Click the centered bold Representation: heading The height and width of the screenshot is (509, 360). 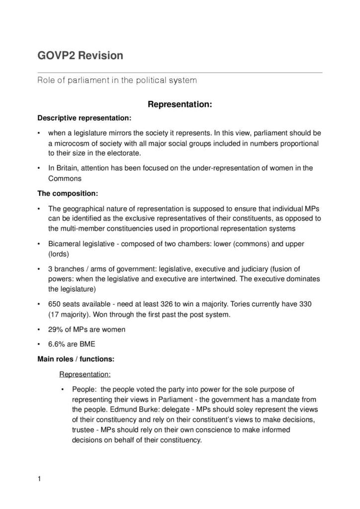180,104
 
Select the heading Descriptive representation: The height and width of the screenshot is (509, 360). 85,118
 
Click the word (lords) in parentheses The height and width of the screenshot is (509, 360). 59,254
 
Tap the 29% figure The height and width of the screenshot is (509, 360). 55,329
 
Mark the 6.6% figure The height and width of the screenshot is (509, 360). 56,344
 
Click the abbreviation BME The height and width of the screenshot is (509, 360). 87,344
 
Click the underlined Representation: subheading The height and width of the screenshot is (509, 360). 85,374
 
